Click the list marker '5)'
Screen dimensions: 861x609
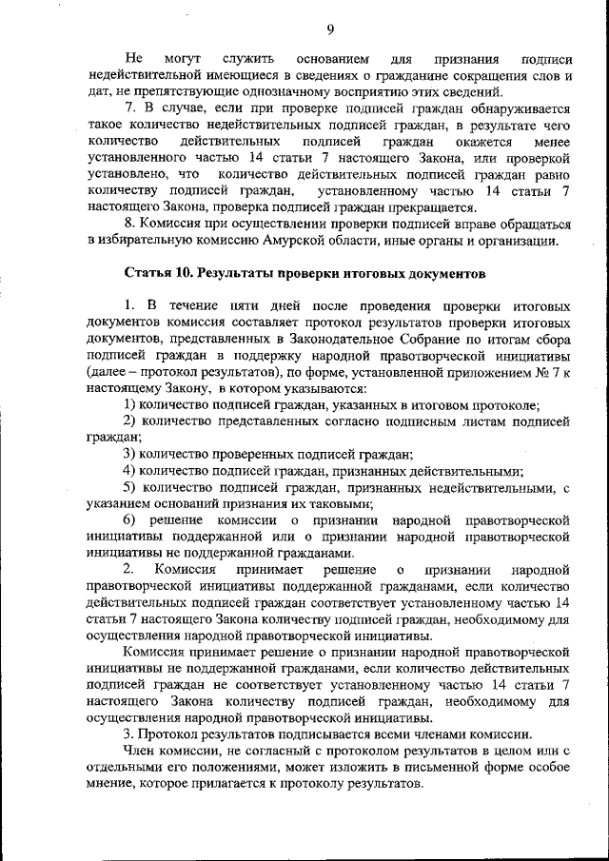[x=130, y=487]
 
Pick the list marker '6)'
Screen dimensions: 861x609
[x=130, y=520]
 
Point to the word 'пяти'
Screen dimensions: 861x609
[x=245, y=306]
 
